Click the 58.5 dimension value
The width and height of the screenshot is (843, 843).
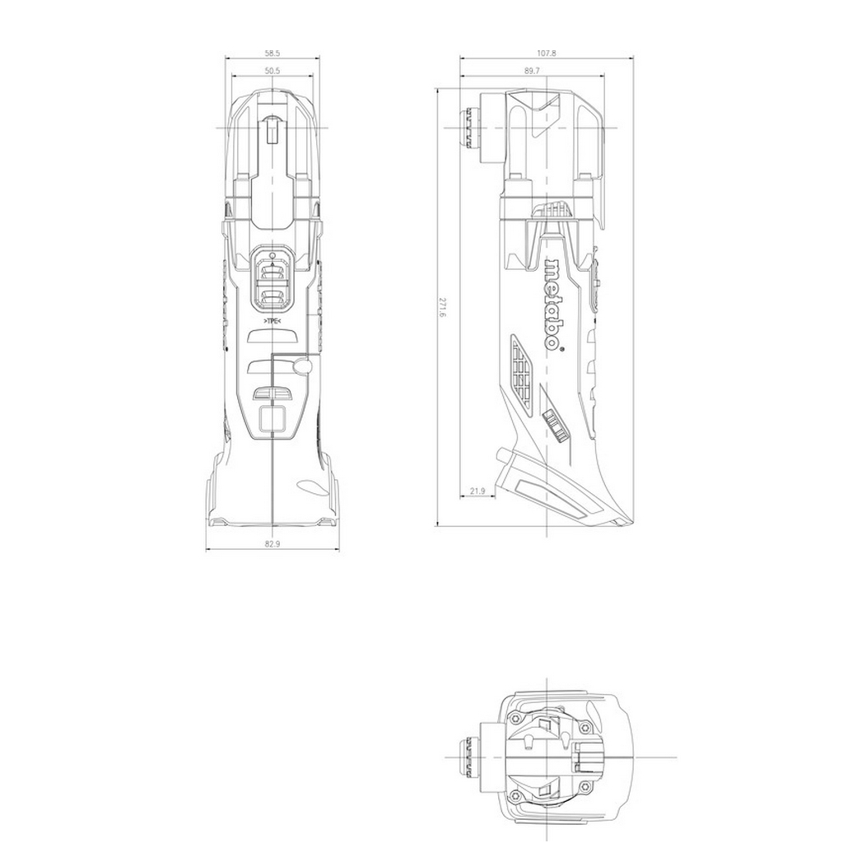pyautogui.click(x=272, y=54)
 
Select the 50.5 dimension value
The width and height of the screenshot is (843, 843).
pyautogui.click(x=272, y=71)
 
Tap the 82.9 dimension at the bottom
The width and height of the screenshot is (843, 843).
pyautogui.click(x=272, y=544)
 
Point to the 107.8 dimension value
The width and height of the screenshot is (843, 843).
pyautogui.click(x=547, y=54)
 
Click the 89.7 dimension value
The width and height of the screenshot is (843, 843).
pyautogui.click(x=532, y=71)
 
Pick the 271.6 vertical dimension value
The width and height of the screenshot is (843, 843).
pyautogui.click(x=442, y=308)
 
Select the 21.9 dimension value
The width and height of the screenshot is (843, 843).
pyautogui.click(x=477, y=491)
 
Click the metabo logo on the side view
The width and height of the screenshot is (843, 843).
pyautogui.click(x=553, y=305)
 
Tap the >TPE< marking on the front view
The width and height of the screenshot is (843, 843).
pyautogui.click(x=272, y=322)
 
